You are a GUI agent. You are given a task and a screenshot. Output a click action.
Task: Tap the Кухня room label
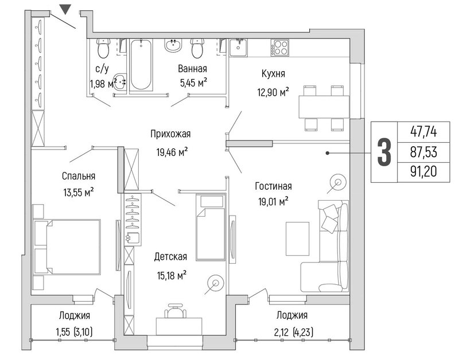(273, 74)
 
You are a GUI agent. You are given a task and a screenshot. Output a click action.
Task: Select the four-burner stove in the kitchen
(280, 48)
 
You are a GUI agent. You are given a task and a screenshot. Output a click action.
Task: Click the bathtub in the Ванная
(141, 65)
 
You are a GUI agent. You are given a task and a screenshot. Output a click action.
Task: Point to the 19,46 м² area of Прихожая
(172, 152)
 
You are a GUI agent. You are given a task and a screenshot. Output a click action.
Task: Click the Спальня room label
(79, 176)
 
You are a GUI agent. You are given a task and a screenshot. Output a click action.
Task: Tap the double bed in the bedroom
(67, 247)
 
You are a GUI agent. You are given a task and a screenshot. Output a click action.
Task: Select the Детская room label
(170, 256)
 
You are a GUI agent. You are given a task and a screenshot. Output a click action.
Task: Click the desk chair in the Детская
(176, 311)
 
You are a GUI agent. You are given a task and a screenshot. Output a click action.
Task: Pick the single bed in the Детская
(211, 226)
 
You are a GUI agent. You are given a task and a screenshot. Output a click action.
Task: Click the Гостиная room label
(274, 186)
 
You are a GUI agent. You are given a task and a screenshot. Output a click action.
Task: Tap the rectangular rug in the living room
(297, 238)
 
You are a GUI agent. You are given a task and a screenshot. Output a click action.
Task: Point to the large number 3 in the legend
(384, 152)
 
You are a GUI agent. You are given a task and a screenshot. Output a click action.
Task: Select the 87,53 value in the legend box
(423, 152)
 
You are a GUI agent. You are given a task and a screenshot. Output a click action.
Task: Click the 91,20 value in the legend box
(423, 171)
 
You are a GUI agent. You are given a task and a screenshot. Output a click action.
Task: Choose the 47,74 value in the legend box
(423, 132)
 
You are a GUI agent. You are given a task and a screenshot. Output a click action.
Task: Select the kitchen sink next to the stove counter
(238, 47)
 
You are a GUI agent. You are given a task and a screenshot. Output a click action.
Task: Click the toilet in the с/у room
(103, 48)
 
